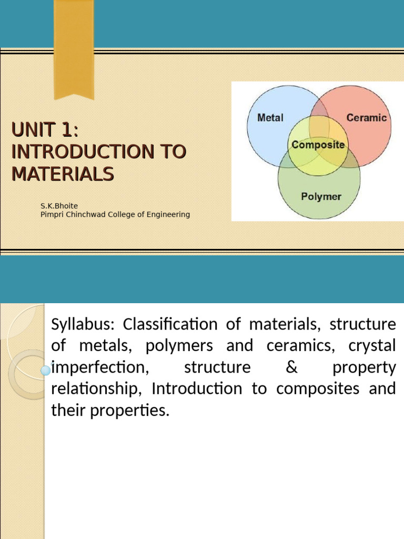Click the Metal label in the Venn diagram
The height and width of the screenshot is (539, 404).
270,118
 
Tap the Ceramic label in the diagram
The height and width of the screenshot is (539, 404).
366,118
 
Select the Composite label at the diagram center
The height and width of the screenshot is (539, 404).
318,145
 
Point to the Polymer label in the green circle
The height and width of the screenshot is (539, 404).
321,197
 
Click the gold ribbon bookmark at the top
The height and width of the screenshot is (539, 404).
74,47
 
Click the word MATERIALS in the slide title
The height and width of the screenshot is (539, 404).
62,173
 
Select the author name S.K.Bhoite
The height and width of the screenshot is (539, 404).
59,206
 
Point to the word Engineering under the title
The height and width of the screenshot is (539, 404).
167,215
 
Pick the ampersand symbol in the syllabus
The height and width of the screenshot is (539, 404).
291,367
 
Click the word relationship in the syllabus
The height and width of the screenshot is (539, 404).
98,389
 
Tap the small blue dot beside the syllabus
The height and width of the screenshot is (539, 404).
46,371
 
